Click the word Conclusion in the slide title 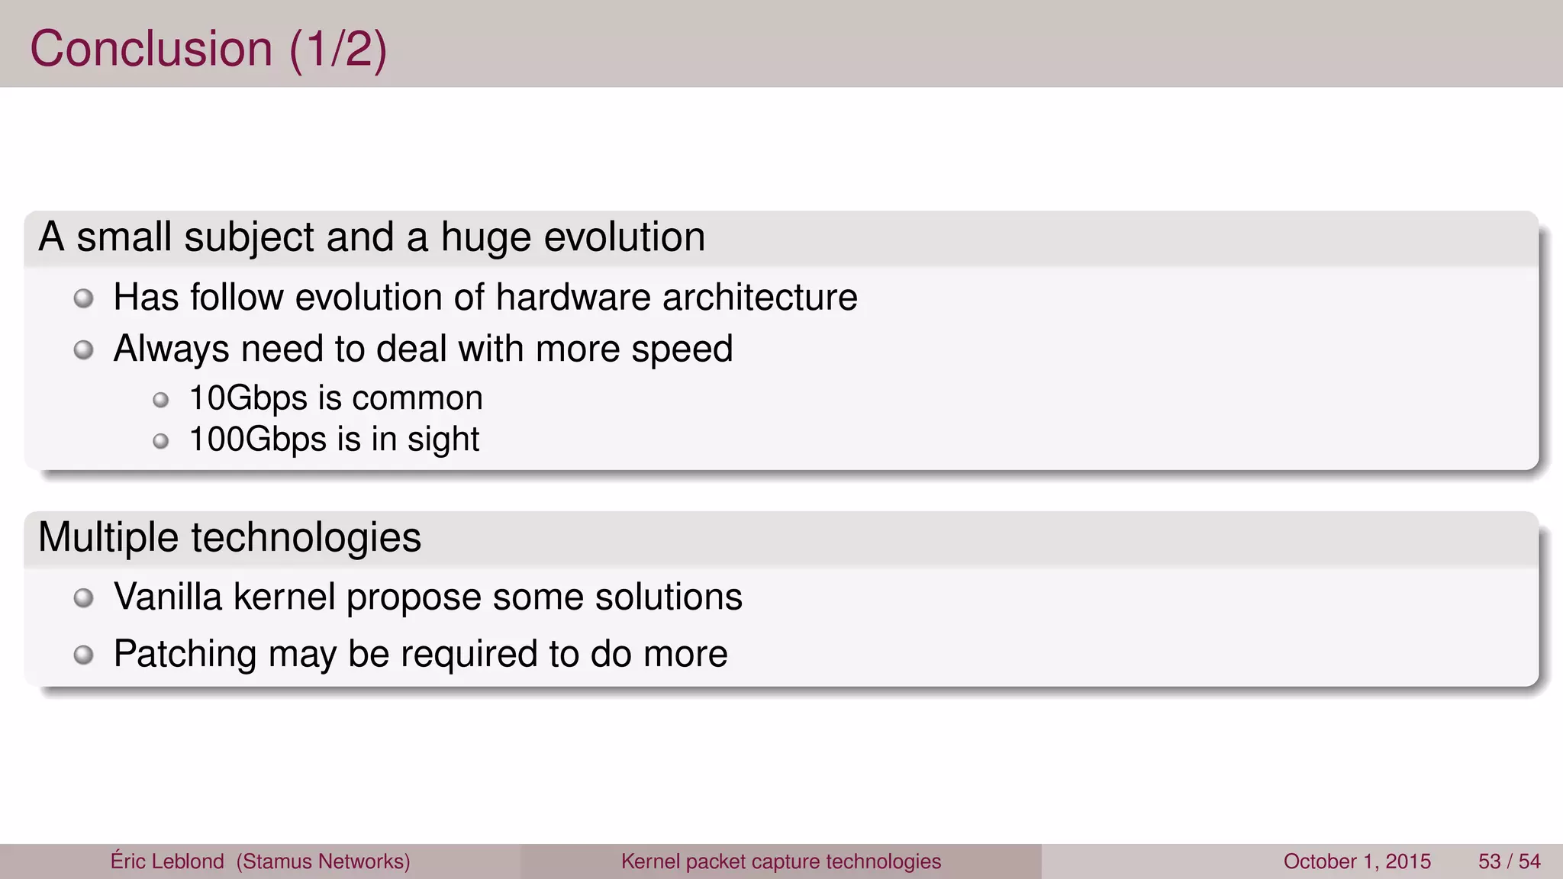point(150,49)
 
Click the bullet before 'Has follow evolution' point(84,298)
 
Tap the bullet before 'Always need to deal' point(84,350)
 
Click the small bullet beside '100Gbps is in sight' point(160,441)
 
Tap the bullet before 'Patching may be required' point(84,655)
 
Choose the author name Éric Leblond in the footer point(167,861)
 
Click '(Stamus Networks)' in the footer point(323,861)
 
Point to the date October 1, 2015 point(1357,861)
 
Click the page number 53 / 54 point(1509,861)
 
